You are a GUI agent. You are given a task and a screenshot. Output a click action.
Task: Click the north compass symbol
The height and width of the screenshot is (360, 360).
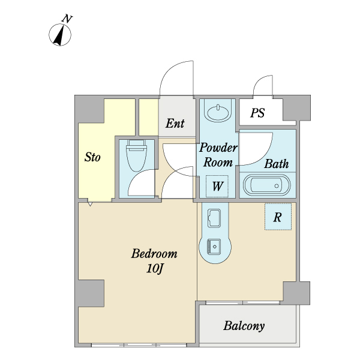(60, 35)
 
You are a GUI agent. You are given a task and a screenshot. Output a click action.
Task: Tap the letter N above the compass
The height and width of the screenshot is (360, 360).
(67, 19)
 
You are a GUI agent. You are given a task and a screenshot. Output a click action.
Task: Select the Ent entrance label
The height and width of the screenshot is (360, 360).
(175, 123)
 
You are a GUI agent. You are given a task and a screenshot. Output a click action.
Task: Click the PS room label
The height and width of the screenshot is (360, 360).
(257, 113)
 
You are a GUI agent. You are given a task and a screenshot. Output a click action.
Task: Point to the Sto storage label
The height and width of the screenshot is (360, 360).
(92, 157)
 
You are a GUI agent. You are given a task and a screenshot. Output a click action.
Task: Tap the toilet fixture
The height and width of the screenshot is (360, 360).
(137, 155)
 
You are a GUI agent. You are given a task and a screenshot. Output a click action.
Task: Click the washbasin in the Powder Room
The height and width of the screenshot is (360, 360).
(218, 112)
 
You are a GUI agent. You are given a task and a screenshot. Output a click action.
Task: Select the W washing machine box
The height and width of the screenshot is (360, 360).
(217, 186)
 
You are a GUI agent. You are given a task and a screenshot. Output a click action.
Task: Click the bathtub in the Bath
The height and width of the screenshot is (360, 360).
(267, 185)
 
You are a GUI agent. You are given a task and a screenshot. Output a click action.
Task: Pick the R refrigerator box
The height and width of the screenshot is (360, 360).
(278, 217)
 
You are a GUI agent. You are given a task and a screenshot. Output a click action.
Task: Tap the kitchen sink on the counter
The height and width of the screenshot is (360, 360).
(214, 218)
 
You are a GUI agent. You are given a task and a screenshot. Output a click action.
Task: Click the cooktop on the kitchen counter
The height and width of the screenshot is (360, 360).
(214, 247)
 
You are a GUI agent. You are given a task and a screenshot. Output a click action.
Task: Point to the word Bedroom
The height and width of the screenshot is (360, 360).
(154, 253)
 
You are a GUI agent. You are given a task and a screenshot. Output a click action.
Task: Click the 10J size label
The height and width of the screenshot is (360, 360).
(155, 268)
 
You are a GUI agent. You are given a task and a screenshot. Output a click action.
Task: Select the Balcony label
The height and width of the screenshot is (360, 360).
(244, 326)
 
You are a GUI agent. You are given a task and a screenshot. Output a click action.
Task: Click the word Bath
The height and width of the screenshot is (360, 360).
(277, 164)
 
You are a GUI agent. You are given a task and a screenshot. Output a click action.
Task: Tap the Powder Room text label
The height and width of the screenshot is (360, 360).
(218, 155)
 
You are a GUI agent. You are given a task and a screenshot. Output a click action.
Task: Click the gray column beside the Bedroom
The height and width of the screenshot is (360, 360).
(91, 293)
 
